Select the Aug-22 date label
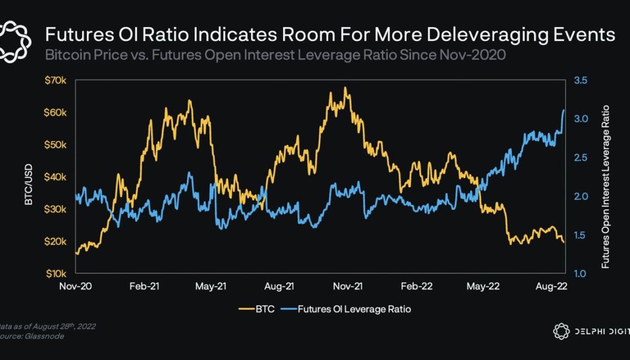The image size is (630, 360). (x=550, y=287)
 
